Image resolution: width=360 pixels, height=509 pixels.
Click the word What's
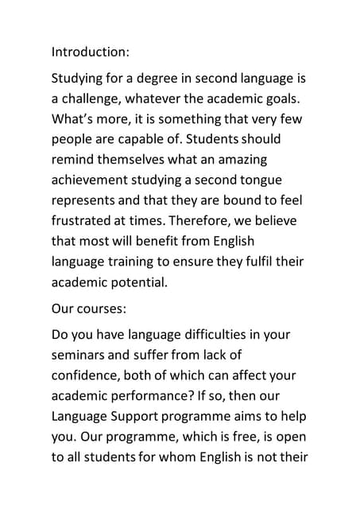75,119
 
